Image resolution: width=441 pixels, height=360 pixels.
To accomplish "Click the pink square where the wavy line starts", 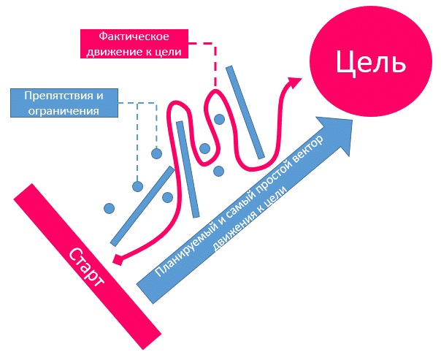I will pyautogui.click(x=118, y=258).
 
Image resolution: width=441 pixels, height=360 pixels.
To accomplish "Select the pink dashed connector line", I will pyautogui.click(x=215, y=66).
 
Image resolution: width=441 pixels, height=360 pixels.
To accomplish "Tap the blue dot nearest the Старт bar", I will pyautogui.click(x=109, y=209).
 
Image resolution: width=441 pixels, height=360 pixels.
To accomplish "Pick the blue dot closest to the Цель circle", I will pyautogui.click(x=219, y=119).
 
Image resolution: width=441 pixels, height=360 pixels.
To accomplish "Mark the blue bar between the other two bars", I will pyautogui.click(x=188, y=179).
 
